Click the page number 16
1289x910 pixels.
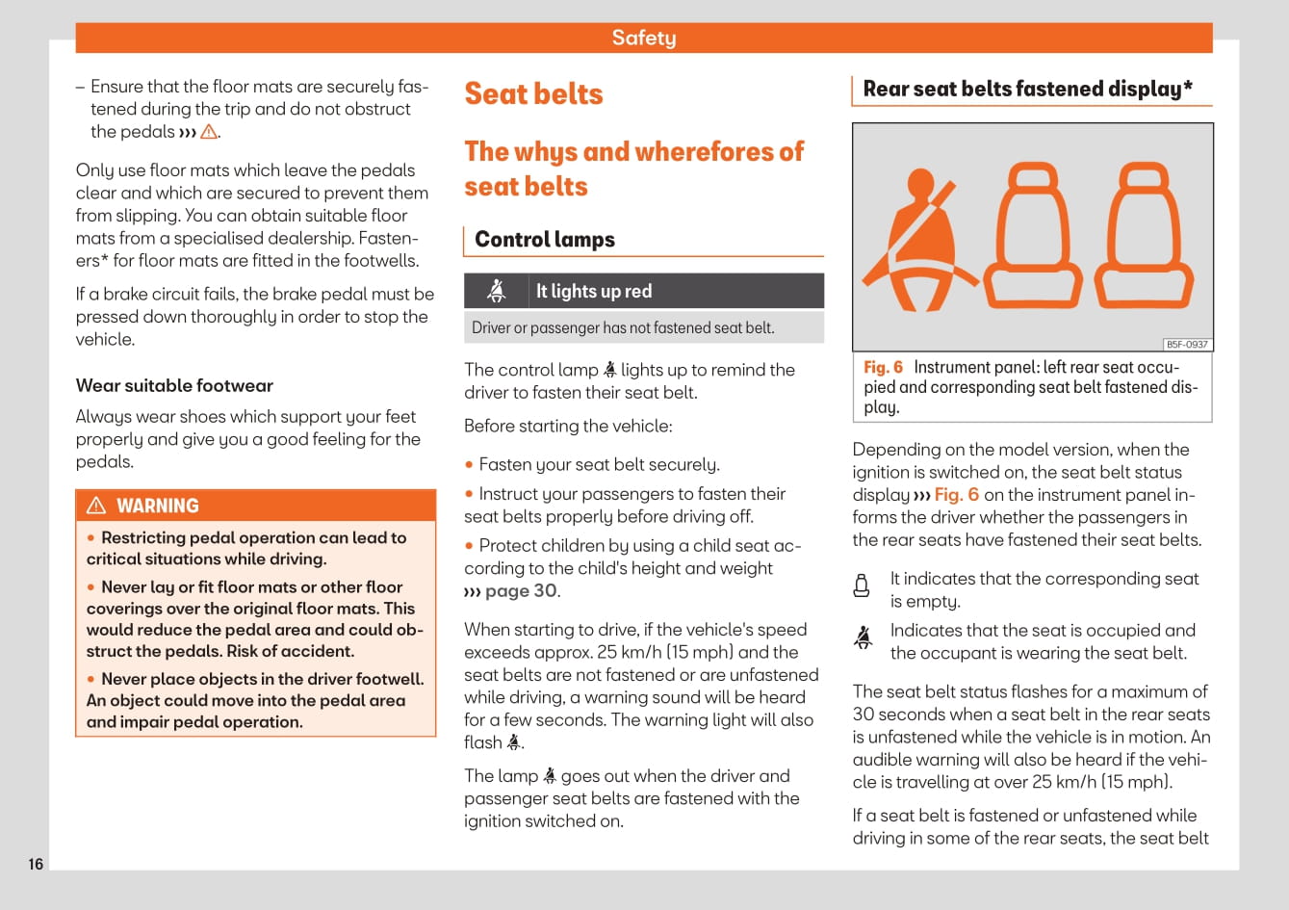(36, 864)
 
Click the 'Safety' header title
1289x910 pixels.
(644, 38)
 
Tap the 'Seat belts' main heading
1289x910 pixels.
(533, 93)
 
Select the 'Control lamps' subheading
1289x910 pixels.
(544, 240)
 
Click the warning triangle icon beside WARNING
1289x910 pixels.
(96, 506)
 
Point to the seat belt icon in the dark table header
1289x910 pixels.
(497, 291)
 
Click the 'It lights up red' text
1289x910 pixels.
(594, 291)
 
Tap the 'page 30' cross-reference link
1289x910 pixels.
(520, 590)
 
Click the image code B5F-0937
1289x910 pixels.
(1186, 345)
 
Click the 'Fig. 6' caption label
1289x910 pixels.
(883, 367)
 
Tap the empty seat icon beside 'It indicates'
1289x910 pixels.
(862, 585)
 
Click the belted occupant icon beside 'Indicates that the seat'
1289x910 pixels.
(863, 637)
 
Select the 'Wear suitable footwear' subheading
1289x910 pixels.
(174, 385)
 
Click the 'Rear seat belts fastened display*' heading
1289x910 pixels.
(1027, 89)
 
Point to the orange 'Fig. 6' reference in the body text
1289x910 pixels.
(957, 495)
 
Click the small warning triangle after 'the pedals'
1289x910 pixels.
(208, 132)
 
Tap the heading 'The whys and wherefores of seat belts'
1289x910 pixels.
(633, 169)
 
